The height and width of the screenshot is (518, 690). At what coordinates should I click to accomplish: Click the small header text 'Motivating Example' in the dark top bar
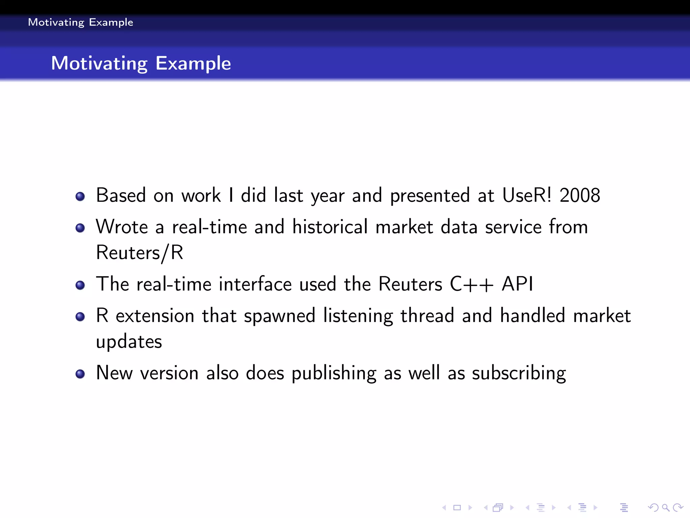point(81,22)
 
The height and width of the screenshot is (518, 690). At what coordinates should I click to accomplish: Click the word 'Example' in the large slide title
point(193,63)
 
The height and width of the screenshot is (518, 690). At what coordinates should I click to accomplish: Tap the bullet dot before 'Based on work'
point(80,196)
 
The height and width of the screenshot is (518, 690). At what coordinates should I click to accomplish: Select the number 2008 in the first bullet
point(579,195)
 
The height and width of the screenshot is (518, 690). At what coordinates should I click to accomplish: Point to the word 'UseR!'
point(527,195)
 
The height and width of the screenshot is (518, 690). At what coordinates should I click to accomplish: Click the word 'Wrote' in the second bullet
point(122,227)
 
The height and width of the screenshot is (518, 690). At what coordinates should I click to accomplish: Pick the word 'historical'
point(330,227)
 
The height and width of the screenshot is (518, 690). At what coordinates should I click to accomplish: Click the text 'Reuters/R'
point(139,253)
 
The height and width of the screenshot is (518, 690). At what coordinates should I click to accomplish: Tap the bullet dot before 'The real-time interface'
point(80,285)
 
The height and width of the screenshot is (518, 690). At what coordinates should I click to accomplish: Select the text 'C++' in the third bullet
point(472,284)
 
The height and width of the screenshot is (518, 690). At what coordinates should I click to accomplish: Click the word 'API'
point(517,284)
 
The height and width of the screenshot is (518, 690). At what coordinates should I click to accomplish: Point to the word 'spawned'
point(279,316)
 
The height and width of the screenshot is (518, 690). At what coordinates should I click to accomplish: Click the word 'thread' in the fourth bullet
point(427,316)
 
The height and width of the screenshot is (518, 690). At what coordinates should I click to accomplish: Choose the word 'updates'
point(129,342)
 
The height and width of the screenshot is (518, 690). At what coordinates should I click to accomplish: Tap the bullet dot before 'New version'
point(80,374)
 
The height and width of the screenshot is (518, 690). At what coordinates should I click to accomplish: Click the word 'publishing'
point(334,373)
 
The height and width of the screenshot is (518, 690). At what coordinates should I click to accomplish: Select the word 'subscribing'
point(519,373)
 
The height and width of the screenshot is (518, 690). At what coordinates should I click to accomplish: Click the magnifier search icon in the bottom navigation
point(665,507)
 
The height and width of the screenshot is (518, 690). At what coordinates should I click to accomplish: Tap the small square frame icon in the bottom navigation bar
point(457,507)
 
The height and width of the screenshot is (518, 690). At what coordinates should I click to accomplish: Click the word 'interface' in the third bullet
point(255,284)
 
